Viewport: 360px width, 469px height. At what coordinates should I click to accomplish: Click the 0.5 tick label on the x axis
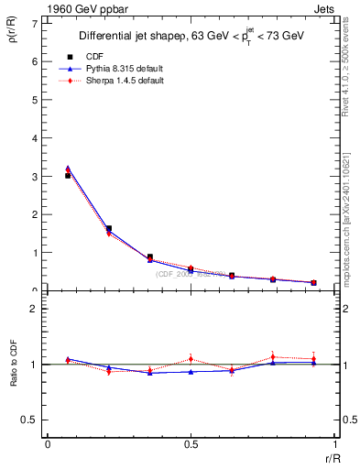point(191,445)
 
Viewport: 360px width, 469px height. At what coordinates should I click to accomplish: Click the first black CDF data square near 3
point(68,175)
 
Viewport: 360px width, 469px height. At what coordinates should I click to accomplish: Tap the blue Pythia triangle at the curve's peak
point(68,169)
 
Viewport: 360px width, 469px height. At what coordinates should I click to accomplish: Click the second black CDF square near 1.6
point(109,228)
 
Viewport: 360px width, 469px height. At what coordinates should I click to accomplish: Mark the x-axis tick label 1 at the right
point(335,445)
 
